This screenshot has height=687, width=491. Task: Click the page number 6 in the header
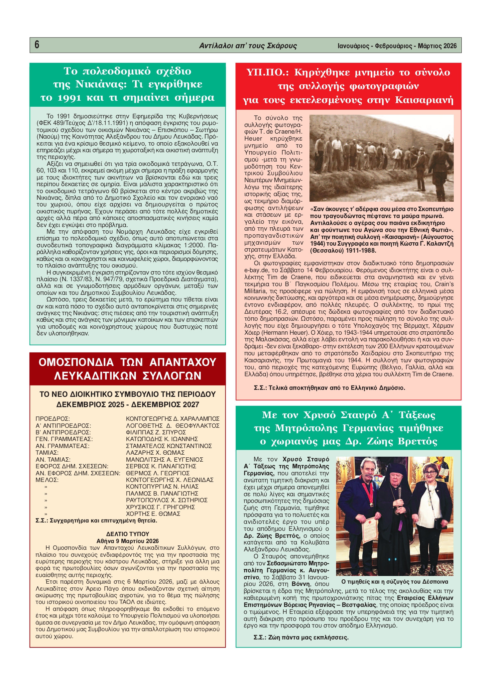37,45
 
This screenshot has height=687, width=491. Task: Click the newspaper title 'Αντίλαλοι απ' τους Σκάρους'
248,46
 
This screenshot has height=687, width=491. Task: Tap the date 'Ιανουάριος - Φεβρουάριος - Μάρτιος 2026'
397,46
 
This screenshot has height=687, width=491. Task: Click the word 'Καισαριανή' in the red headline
424,100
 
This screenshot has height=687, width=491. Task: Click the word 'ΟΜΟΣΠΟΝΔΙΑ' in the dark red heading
76,362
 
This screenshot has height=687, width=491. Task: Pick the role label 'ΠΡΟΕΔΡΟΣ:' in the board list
53,419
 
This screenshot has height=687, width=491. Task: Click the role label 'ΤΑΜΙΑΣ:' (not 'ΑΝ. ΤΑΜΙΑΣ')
47,453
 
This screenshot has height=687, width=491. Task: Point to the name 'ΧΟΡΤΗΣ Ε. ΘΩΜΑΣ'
153,514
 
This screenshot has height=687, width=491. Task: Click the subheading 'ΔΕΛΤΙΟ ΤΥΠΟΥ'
128,534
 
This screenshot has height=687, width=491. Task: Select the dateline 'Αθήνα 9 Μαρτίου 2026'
128,541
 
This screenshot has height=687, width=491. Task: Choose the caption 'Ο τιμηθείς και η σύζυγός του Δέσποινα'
395,582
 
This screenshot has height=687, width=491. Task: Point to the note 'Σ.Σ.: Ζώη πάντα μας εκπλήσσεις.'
301,637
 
